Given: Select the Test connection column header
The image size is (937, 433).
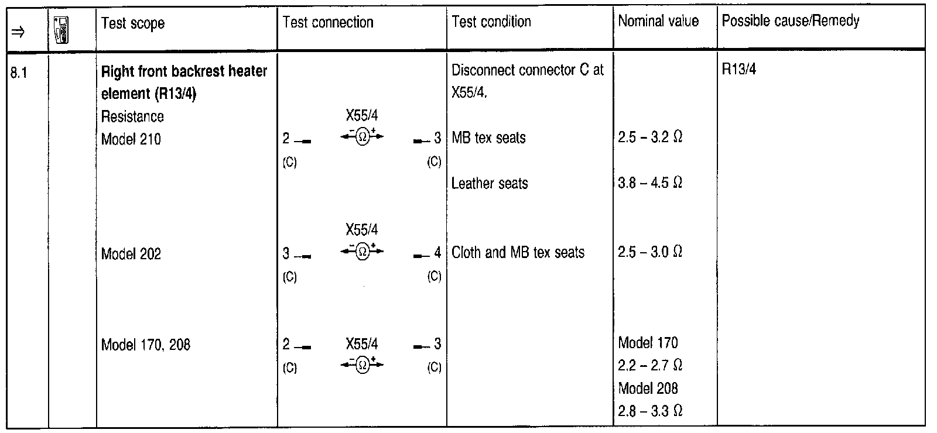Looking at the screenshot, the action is (x=328, y=23).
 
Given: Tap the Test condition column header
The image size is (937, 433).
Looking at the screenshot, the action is (x=491, y=22).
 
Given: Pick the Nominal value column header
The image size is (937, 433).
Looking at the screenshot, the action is (x=658, y=22).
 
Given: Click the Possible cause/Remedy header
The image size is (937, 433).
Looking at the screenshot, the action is (x=791, y=22).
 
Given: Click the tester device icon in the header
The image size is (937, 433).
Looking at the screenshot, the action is (x=60, y=30).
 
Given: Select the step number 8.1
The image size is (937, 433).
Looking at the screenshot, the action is (x=19, y=74).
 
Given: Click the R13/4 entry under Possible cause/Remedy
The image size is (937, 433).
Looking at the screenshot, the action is (x=739, y=70).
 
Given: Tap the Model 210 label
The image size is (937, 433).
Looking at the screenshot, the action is (x=131, y=139).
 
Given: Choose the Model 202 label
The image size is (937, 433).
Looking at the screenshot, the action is (x=131, y=254).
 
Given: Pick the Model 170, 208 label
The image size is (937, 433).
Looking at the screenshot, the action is (x=146, y=345).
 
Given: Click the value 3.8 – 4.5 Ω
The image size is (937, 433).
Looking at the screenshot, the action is (x=651, y=183).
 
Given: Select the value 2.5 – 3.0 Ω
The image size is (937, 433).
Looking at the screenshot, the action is (x=651, y=252).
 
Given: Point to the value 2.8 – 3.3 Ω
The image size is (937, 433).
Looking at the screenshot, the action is (x=651, y=411).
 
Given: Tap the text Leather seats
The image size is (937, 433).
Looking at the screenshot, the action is (x=490, y=184).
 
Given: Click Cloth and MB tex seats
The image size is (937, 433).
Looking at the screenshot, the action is (x=518, y=253).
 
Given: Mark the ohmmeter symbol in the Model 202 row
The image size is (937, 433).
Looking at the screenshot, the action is (x=362, y=252).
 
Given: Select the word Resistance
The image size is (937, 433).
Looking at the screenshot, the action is (x=132, y=116).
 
